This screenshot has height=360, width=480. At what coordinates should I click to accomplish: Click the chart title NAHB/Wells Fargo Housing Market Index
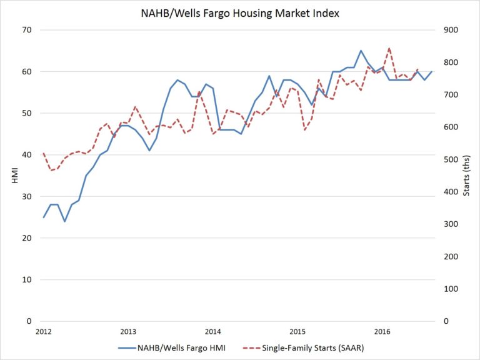coord(240,13)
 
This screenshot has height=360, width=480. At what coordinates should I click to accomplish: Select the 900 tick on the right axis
coord(451,30)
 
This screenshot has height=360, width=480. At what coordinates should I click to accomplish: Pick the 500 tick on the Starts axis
coord(451,159)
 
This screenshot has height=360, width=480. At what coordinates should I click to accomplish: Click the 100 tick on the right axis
coord(451,289)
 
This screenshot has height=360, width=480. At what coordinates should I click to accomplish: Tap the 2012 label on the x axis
coord(43,331)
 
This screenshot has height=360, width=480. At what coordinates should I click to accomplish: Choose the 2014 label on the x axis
coord(212,331)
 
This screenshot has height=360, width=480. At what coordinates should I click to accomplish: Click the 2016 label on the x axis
coord(382,331)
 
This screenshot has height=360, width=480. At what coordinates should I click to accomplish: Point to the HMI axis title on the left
coord(15,176)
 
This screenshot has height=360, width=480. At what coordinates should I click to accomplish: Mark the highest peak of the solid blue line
coord(361,51)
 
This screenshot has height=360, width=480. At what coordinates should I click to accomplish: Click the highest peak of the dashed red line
coord(389,47)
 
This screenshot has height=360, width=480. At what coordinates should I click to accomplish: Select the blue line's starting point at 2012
coord(43,217)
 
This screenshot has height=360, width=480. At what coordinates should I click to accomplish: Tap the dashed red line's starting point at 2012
coord(43,153)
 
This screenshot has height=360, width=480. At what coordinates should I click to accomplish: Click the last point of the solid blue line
coord(432,71)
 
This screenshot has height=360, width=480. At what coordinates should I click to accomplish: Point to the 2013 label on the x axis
coord(128,331)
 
